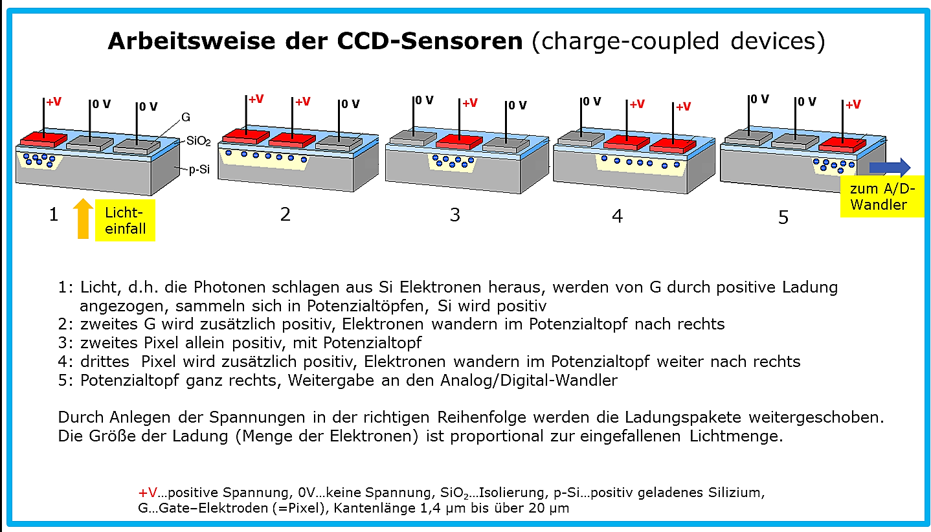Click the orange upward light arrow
pyautogui.click(x=83, y=218)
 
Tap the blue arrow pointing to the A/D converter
pyautogui.click(x=890, y=167)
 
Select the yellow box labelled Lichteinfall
pyautogui.click(x=125, y=220)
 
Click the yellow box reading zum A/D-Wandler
pyautogui.click(x=882, y=196)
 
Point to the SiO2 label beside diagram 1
pyautogui.click(x=198, y=141)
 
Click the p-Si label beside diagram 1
pyautogui.click(x=199, y=170)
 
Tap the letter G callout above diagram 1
pyautogui.click(x=186, y=118)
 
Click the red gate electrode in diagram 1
pyautogui.click(x=43, y=139)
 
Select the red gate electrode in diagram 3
pyautogui.click(x=459, y=142)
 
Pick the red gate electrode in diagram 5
pyautogui.click(x=842, y=144)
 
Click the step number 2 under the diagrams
pyautogui.click(x=285, y=214)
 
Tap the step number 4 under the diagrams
pyautogui.click(x=617, y=216)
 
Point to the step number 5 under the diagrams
pyautogui.click(x=783, y=217)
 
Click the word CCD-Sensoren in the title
pyautogui.click(x=430, y=41)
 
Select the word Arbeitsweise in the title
pyautogui.click(x=192, y=41)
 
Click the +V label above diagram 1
pyautogui.click(x=54, y=102)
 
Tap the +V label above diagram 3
pyautogui.click(x=470, y=103)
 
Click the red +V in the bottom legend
pyautogui.click(x=148, y=493)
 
